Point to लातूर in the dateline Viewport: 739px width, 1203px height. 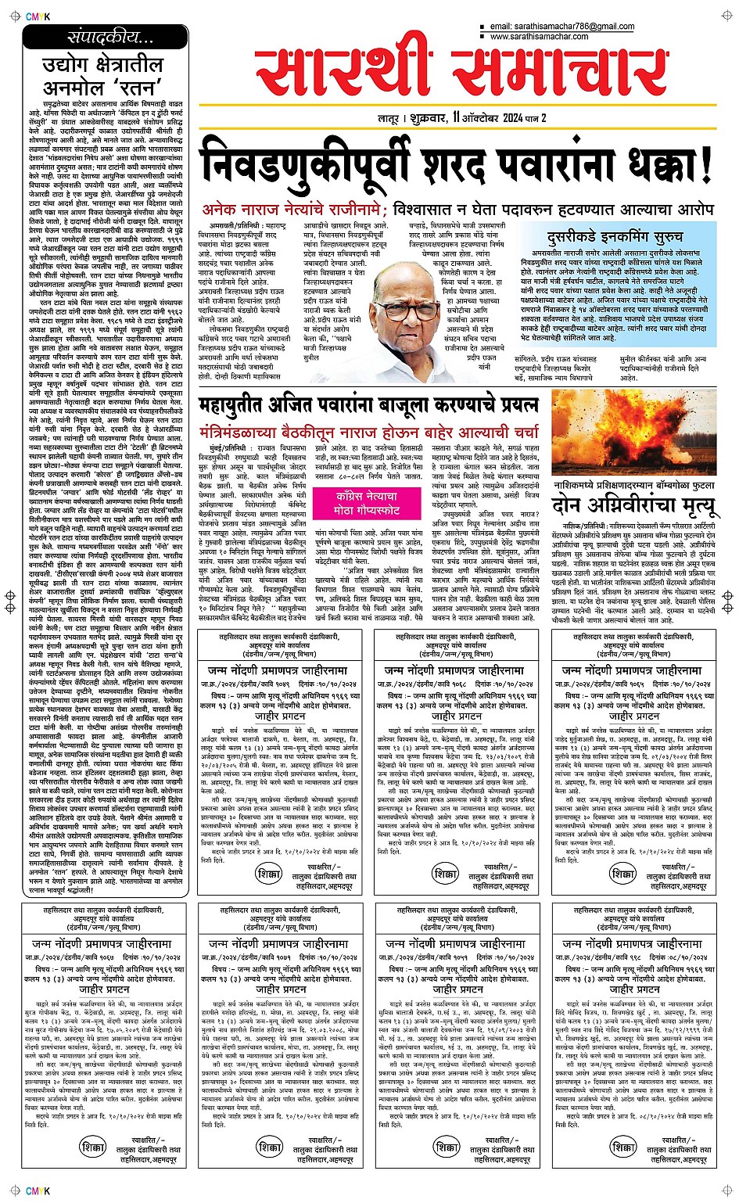tap(389, 119)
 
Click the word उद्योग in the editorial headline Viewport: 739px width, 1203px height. tap(70, 65)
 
